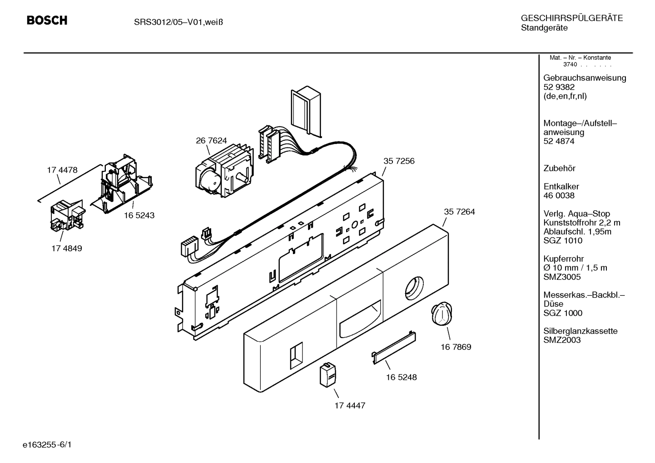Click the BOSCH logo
click(47, 20)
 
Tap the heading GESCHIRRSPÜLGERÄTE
click(571, 19)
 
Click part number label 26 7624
click(211, 141)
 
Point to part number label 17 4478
click(62, 170)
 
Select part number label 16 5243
click(139, 215)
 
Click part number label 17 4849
click(67, 249)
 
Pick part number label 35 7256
click(399, 161)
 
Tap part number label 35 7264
click(459, 212)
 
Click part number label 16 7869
click(456, 347)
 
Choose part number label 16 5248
click(402, 378)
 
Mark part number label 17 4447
click(350, 405)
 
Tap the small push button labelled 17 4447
click(328, 375)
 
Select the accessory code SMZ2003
click(562, 340)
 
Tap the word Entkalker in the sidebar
click(561, 187)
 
